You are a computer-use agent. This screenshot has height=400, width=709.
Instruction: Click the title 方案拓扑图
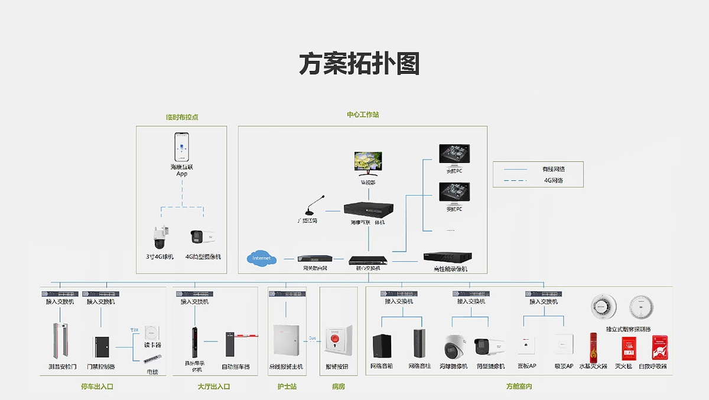(359, 64)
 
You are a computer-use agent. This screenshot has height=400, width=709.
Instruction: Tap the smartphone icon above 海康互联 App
(182, 147)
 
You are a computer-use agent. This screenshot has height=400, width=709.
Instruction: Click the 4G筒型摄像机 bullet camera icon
(202, 238)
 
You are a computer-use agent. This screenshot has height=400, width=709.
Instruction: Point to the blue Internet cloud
(262, 259)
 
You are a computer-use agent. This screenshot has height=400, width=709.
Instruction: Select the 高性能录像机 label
(450, 269)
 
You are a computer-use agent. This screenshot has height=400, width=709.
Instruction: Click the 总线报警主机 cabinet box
(287, 340)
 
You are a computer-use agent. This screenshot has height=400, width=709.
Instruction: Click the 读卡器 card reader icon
(152, 331)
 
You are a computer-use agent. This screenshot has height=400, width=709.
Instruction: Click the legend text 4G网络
(553, 180)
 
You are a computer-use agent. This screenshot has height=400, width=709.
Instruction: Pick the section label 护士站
(287, 387)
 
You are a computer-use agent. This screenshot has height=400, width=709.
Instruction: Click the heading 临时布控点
(182, 117)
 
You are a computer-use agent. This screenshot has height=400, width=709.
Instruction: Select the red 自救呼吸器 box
(659, 347)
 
